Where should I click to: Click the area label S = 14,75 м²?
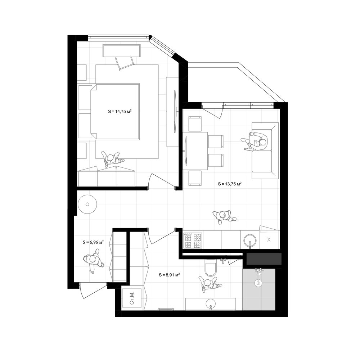pos(120,112)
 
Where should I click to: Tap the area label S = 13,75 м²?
pos(230,184)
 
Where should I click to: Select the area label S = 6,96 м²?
pos(93,242)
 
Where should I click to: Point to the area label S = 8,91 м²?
pos(169,275)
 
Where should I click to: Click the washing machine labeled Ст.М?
pos(132,298)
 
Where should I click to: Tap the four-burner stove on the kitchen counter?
pos(193,240)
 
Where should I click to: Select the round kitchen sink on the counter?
pos(250,240)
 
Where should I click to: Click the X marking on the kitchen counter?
pos(269,240)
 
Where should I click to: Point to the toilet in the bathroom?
pos(211,268)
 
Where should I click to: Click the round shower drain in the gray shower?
pos(258,283)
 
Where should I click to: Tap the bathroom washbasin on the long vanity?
pos(211,304)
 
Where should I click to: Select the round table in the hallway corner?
pos(87,204)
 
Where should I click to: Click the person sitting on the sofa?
pos(255,141)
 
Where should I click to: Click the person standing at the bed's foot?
pos(112,159)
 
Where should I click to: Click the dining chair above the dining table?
pos(195,124)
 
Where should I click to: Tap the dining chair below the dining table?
pos(195,178)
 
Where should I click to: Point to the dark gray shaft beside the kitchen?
pos(264,259)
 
